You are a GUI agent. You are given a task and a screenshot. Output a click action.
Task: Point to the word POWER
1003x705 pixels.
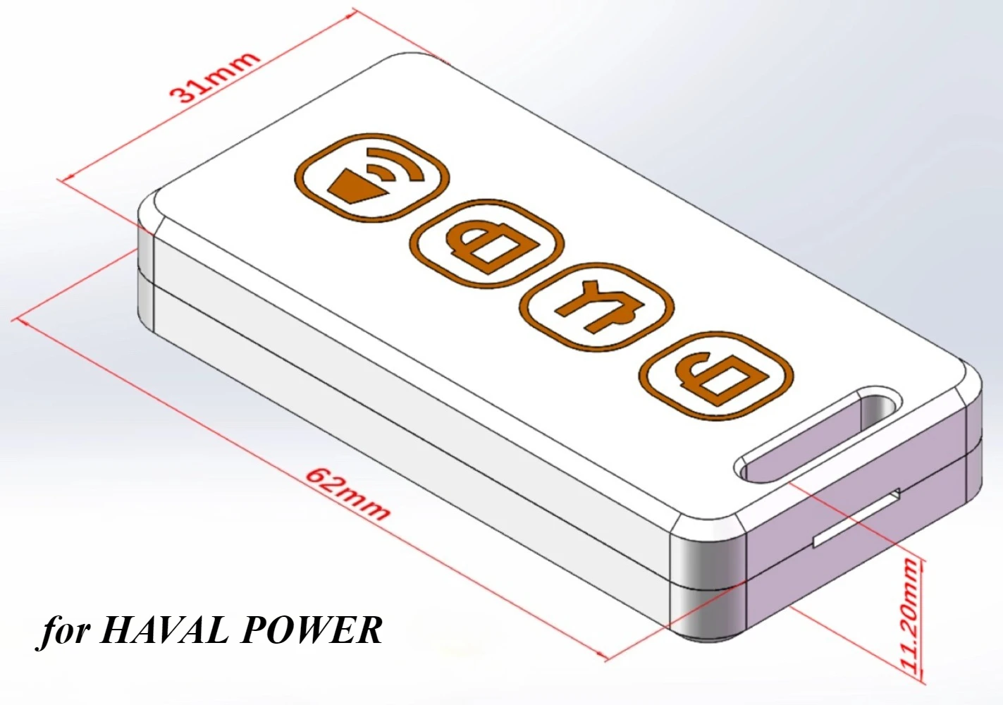(x=312, y=630)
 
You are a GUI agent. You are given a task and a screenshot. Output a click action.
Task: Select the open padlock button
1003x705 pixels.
(x=716, y=376)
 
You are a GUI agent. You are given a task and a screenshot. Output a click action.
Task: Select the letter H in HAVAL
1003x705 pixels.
(x=116, y=630)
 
